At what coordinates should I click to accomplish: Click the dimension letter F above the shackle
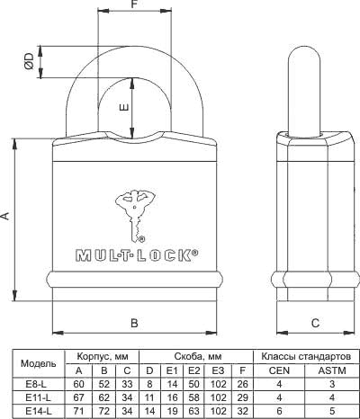(134, 4)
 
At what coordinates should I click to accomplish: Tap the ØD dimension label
(30, 61)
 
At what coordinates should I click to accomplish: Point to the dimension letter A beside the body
(5, 216)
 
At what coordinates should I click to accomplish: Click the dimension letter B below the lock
(134, 323)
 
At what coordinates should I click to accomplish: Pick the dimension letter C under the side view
(315, 323)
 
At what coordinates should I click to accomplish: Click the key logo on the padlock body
(135, 216)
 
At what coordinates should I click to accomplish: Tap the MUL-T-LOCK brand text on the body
(137, 255)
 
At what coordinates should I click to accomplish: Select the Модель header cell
(39, 363)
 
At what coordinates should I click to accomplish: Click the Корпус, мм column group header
(103, 357)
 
